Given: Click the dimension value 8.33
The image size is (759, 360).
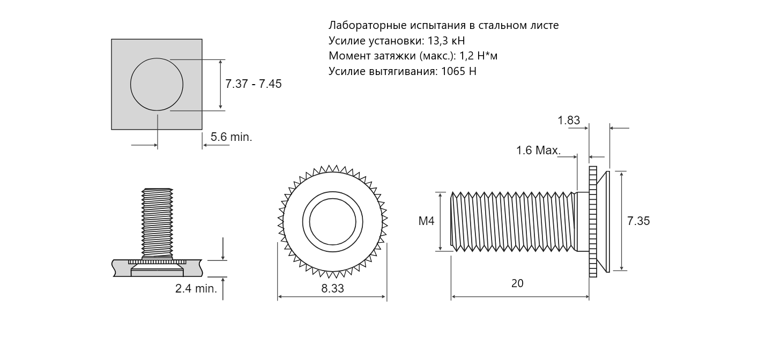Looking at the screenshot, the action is click(x=332, y=288).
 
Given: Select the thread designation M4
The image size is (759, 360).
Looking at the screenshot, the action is click(x=426, y=221).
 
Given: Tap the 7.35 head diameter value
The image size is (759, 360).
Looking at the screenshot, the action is click(x=638, y=221).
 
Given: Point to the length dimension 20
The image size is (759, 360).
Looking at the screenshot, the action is click(x=517, y=283).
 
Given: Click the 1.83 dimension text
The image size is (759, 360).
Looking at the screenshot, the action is click(x=569, y=120).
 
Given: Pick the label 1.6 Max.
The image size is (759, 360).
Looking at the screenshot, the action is click(x=538, y=151).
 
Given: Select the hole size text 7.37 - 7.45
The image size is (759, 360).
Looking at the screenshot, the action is click(x=254, y=84).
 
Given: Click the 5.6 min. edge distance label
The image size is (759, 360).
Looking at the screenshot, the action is click(x=232, y=137).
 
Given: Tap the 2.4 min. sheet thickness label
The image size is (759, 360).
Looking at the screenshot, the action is click(x=196, y=289).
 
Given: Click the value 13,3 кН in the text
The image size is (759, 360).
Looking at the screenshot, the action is click(x=447, y=41).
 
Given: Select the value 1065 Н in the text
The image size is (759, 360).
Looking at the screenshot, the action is click(x=459, y=71).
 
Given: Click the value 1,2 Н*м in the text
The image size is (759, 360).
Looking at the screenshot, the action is click(x=479, y=56).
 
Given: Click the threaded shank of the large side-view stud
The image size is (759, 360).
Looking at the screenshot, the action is click(x=514, y=222).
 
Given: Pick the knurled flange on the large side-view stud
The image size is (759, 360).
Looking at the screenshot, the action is click(x=593, y=222).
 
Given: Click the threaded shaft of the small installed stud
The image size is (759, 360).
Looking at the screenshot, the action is click(x=157, y=223).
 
